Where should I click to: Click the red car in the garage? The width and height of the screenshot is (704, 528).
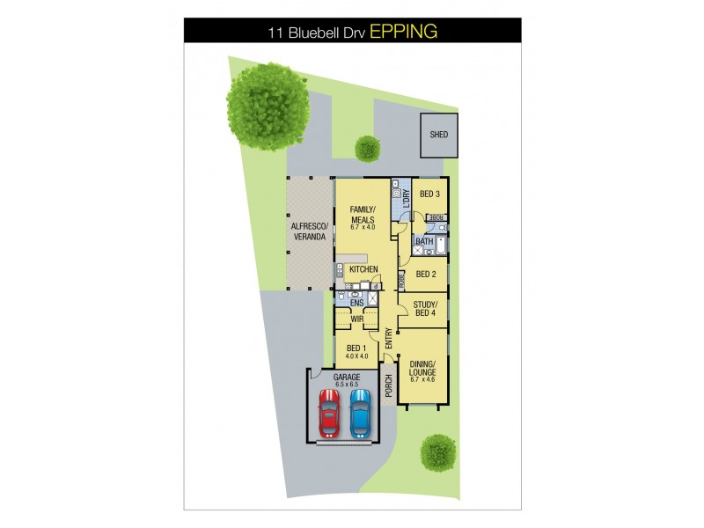(328, 414)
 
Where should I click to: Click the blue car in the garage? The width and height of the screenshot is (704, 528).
(360, 414)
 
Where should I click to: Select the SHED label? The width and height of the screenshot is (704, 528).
(438, 135)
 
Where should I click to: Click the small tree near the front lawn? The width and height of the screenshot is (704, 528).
(437, 452)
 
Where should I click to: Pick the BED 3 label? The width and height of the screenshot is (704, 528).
(429, 194)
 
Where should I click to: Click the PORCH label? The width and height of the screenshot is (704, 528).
(389, 385)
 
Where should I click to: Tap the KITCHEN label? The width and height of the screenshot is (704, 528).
(363, 268)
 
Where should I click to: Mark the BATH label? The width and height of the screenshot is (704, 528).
(424, 241)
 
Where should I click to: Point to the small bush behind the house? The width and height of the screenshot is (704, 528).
(365, 149)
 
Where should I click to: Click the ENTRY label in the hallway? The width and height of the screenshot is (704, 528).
(387, 335)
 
